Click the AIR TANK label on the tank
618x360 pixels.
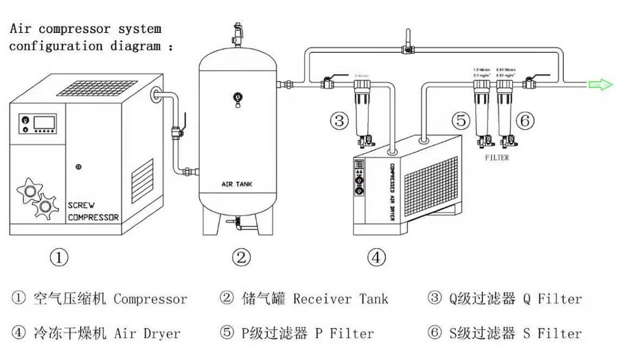coord(237,184)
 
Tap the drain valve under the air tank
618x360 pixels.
coord(238,221)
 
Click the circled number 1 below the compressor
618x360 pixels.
coord(60,258)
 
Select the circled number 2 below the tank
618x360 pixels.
coord(240,258)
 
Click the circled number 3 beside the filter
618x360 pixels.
coord(340,122)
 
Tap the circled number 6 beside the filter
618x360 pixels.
coord(525,122)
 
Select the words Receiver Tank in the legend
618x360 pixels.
coord(341,299)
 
